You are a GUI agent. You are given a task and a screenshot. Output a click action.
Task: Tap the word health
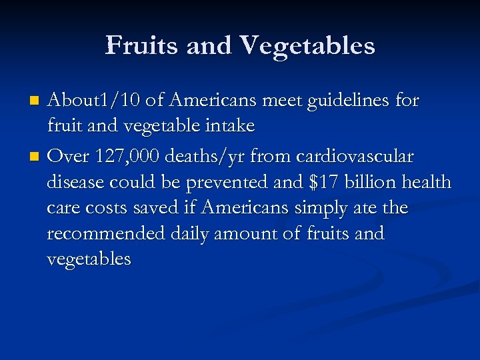pyautogui.click(x=429, y=181)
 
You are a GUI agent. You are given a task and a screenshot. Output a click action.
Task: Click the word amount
pyautogui.click(x=257, y=233)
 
